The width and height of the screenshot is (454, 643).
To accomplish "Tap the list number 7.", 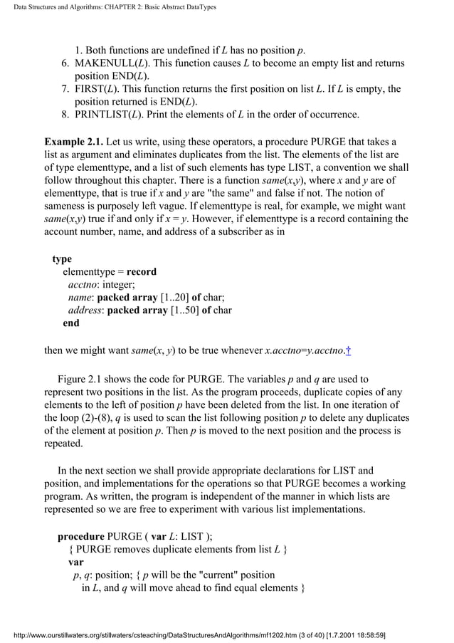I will point(65,89).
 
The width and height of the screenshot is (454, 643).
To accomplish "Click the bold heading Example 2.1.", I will point(73,141).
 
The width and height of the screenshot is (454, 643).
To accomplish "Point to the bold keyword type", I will point(62,259).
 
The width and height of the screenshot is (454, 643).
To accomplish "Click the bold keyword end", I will point(71,323).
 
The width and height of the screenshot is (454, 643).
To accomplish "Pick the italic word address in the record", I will point(85,310).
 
